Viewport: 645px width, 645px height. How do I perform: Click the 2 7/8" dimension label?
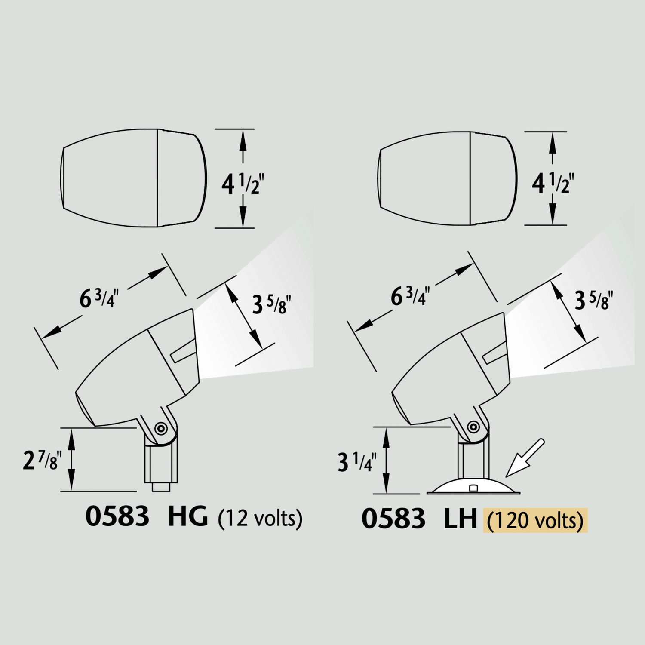tap(42, 460)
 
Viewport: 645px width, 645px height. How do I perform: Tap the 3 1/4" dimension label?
tap(357, 462)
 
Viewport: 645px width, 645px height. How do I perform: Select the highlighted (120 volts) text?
tap(535, 521)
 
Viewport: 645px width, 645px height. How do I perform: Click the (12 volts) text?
tap(260, 518)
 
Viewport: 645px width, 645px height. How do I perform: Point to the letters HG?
tap(187, 516)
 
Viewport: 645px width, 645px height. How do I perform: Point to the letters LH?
tap(461, 519)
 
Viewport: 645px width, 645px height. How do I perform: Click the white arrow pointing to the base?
tap(525, 458)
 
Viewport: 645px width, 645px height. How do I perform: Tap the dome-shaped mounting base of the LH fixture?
tap(473, 487)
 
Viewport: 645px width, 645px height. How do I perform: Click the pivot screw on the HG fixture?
tap(161, 428)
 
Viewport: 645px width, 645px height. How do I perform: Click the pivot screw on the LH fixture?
tap(473, 427)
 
